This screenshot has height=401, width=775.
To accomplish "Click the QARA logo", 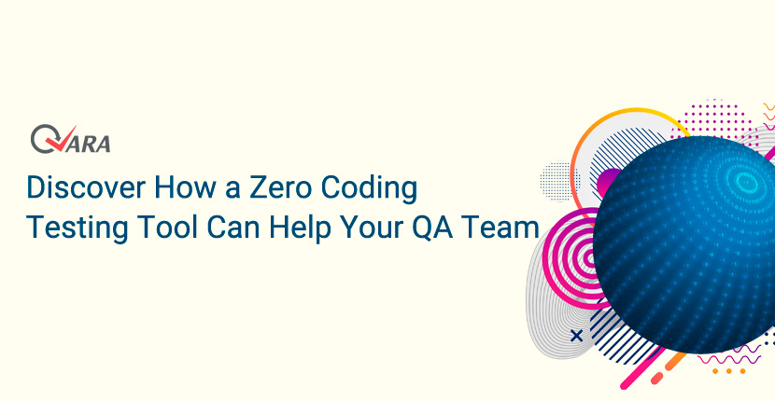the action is [71, 139].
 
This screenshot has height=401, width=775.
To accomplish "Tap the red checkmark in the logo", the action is [62, 138].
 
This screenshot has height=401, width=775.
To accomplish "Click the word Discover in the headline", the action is [86, 187].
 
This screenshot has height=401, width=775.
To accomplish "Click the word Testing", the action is [77, 229].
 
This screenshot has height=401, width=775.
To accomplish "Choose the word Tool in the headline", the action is [167, 228].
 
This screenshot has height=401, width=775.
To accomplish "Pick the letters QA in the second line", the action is [433, 228].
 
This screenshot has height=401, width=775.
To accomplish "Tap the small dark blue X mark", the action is [576, 336].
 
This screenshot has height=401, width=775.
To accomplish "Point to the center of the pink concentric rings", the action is [589, 257].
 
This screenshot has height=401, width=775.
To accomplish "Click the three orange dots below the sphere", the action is [728, 371].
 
